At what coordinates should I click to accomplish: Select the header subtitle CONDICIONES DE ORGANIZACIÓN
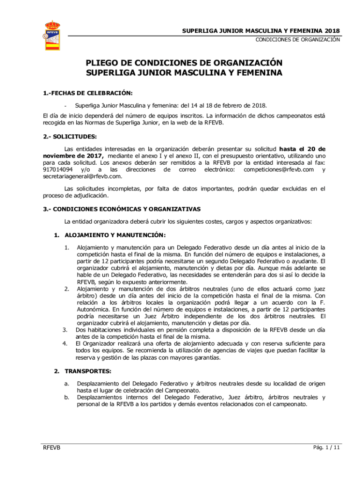297,40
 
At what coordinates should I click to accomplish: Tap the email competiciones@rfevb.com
279,169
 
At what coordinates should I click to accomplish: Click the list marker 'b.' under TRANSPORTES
67,398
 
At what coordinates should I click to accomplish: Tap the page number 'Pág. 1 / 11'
326,448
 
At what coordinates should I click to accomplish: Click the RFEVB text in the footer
52,448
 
